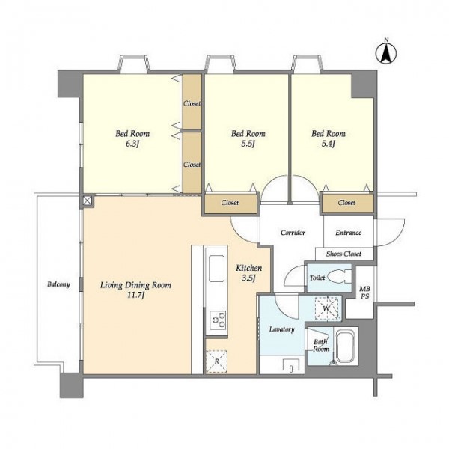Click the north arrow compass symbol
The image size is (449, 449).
(386, 53)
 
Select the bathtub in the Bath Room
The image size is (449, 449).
(346, 346)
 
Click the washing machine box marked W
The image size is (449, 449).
(326, 308)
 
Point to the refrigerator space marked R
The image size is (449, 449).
(217, 361)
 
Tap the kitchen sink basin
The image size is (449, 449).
(216, 269)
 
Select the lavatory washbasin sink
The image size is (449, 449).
(291, 365)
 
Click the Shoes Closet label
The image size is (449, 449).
(343, 254)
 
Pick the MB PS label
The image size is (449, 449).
(364, 293)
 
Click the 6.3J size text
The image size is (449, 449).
(132, 144)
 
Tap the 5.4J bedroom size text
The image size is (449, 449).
(329, 144)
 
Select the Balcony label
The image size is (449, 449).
(58, 284)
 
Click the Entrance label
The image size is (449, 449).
(349, 233)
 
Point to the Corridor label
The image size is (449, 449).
(293, 233)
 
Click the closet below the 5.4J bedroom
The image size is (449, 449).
(347, 203)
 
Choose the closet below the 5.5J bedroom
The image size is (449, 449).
(230, 204)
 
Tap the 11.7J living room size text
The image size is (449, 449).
(135, 295)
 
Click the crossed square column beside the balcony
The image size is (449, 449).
(87, 201)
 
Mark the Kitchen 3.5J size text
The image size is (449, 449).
(248, 278)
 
